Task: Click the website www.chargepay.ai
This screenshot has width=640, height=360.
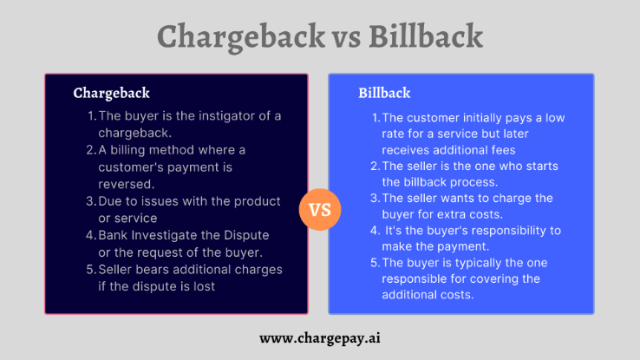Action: click(320, 337)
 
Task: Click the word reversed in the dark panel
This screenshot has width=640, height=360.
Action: click(127, 183)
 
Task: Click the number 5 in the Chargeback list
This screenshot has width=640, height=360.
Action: click(90, 269)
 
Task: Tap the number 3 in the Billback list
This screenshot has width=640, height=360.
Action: click(376, 198)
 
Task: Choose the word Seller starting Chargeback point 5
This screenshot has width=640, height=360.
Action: click(117, 269)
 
